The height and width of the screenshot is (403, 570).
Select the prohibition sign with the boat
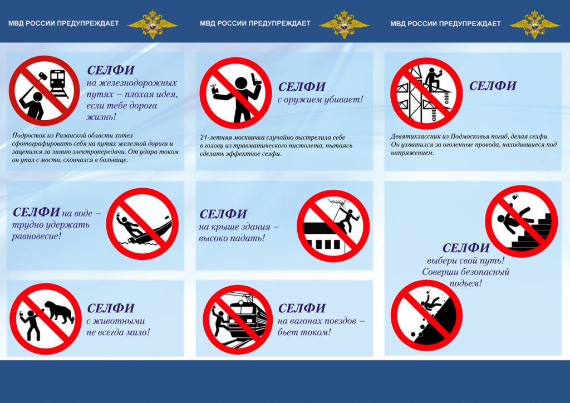click(x=142, y=224)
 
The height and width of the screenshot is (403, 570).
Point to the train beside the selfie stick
click(x=58, y=83)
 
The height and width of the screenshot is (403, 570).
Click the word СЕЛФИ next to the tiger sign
click(x=111, y=308)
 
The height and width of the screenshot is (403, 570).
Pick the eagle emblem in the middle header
click(x=344, y=24)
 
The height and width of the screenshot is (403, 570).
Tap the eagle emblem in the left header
click(x=153, y=24)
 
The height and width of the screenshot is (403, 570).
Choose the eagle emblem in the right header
click(x=534, y=24)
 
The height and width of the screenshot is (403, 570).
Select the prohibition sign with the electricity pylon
click(x=426, y=94)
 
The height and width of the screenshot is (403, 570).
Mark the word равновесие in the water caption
click(x=37, y=236)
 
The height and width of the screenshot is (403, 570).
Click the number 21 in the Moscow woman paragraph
click(x=203, y=137)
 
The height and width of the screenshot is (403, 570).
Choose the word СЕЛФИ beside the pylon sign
click(x=493, y=86)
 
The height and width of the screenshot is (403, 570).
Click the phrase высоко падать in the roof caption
click(x=232, y=238)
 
